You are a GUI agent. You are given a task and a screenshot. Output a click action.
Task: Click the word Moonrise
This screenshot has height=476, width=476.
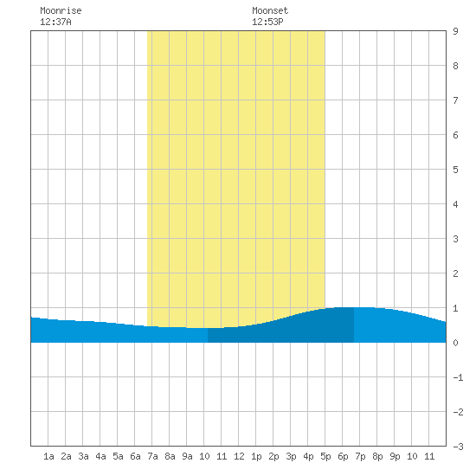pos(61,10)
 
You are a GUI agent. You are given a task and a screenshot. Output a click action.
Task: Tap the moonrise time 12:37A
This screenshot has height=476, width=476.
pos(55,22)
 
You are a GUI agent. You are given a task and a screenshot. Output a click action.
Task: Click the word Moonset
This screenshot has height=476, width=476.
pos(270,10)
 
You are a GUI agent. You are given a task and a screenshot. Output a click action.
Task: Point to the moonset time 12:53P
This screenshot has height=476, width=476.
pos(267,22)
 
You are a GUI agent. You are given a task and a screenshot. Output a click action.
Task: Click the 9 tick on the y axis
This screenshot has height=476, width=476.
pos(455,31)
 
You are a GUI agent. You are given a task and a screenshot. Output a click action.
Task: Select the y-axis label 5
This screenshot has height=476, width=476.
pos(455,170)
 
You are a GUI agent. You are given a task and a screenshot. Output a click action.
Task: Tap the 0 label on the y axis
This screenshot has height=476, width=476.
pos(455,343)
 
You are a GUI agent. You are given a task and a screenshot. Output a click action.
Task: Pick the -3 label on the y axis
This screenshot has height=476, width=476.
pos(458,447)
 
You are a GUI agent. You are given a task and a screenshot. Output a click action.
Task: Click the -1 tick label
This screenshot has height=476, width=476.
pos(458,377)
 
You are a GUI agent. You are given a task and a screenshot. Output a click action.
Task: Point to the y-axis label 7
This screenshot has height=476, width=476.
pos(455,100)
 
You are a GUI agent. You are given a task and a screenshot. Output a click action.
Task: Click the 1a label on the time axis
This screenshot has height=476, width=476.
pos(48,456)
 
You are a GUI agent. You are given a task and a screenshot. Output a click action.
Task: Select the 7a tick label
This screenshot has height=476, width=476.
pos(152,456)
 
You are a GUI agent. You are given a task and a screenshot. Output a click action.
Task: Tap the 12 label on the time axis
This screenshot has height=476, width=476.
pos(239,456)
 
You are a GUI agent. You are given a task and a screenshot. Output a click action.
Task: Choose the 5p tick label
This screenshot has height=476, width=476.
pos(325,456)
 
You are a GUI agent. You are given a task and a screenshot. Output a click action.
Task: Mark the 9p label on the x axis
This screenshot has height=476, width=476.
pos(395,456)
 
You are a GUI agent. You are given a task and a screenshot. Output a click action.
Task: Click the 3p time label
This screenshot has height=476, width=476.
pos(291,456)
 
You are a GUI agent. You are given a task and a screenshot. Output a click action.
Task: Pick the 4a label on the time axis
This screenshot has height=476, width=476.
pos(100,456)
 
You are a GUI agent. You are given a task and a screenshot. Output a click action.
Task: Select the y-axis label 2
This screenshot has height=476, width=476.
pos(455,273)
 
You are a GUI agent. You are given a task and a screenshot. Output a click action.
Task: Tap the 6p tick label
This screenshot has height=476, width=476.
pos(343,456)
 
